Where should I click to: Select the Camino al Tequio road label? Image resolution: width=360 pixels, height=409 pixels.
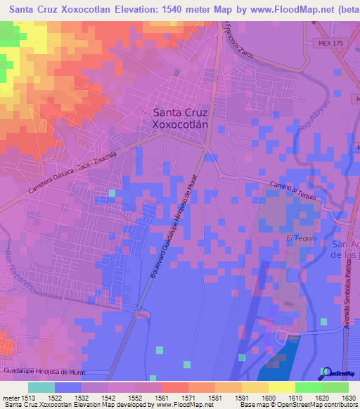tap(294, 190)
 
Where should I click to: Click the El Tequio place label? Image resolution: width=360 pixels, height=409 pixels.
tap(297, 239)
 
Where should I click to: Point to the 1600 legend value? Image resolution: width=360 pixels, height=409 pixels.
tap(269, 397)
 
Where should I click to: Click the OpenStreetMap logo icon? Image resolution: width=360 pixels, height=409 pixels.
tap(326, 372)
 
